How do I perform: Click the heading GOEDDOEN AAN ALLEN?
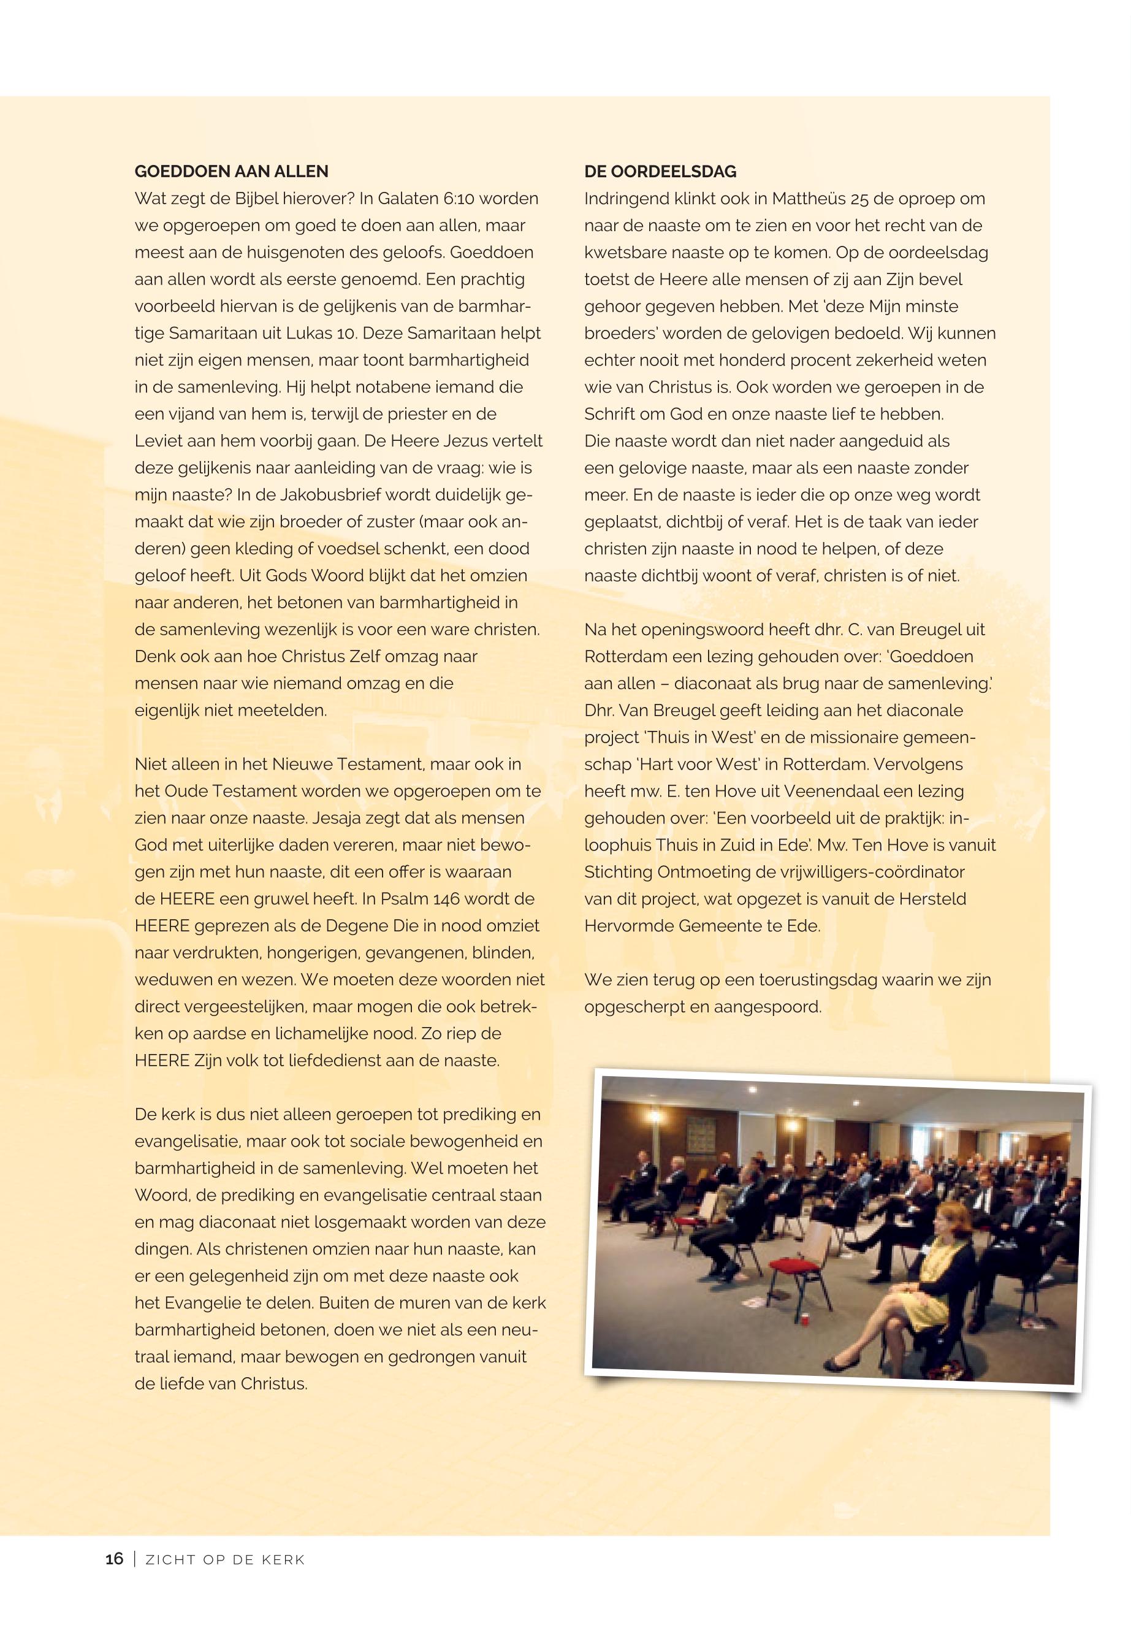pyautogui.click(x=231, y=172)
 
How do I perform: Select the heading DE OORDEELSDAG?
pyautogui.click(x=660, y=172)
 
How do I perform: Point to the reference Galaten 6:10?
pyautogui.click(x=422, y=199)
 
